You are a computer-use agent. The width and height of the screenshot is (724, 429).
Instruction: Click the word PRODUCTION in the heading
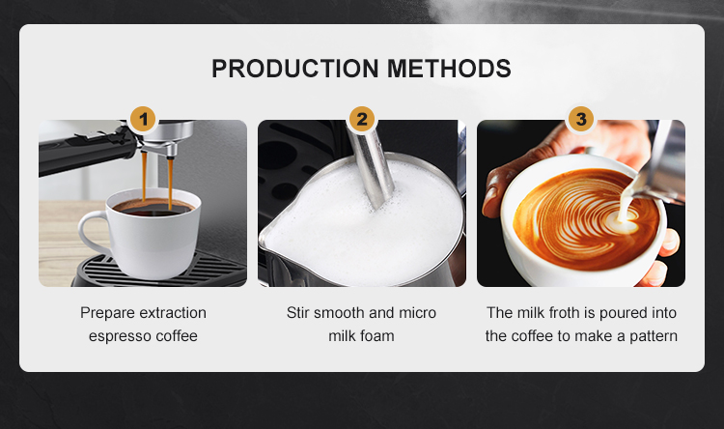point(295,69)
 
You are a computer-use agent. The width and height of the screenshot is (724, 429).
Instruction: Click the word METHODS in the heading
point(449,69)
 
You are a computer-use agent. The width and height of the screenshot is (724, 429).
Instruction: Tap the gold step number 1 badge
point(143,119)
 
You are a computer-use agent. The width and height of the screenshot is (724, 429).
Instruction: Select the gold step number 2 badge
point(362,119)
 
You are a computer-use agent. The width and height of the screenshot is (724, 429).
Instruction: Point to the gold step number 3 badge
point(581,119)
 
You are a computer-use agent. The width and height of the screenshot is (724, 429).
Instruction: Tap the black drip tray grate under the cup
point(157,271)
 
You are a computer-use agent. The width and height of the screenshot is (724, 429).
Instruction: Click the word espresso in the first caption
point(120,336)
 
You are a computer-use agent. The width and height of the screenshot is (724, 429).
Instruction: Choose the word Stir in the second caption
point(297,312)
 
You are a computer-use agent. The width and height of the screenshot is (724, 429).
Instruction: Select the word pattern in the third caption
point(654,336)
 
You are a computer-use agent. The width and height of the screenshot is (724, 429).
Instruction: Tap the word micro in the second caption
point(417,312)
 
